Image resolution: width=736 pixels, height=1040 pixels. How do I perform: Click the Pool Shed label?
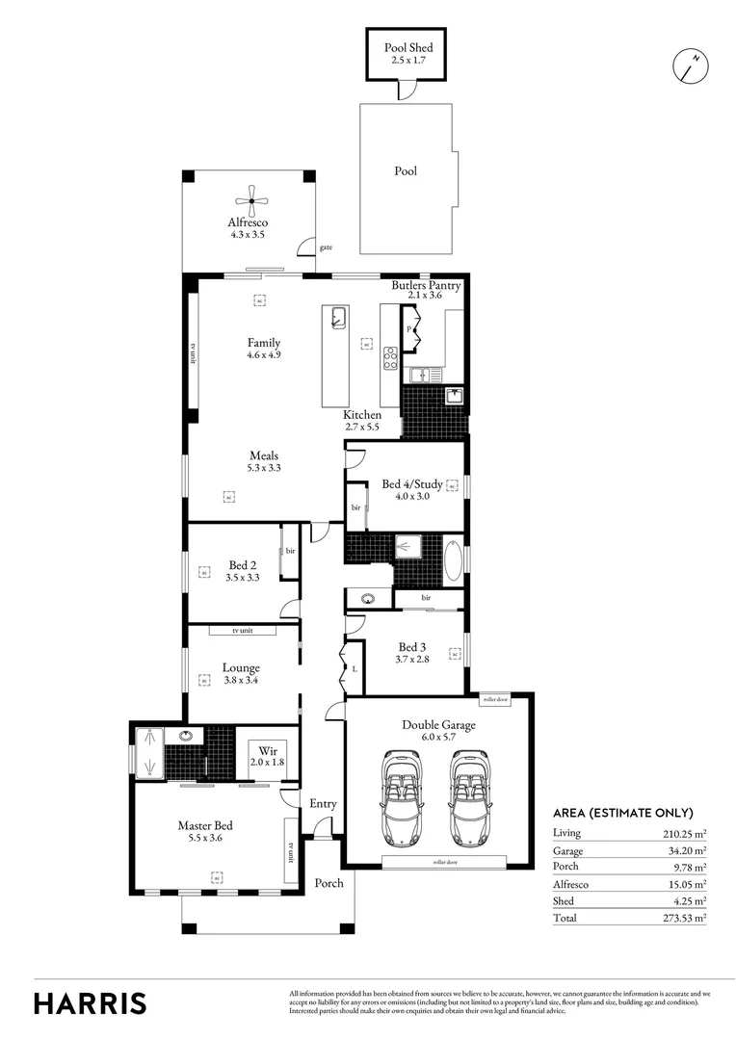tap(408, 47)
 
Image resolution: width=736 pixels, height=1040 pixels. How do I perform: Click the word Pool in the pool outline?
tap(406, 171)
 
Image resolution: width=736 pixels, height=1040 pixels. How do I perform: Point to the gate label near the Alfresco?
tap(326, 247)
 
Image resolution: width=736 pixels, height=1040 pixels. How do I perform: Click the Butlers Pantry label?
tap(425, 286)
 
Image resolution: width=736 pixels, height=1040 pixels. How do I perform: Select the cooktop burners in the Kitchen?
tap(391, 357)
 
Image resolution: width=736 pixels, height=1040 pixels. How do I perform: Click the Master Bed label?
tap(204, 825)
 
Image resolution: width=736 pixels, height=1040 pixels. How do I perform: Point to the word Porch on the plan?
tap(329, 883)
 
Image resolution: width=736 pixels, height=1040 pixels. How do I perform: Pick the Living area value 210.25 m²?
tap(685, 833)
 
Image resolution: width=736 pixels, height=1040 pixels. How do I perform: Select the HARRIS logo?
tap(91, 1002)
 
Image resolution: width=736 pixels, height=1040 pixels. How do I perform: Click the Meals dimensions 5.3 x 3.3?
tap(264, 468)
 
